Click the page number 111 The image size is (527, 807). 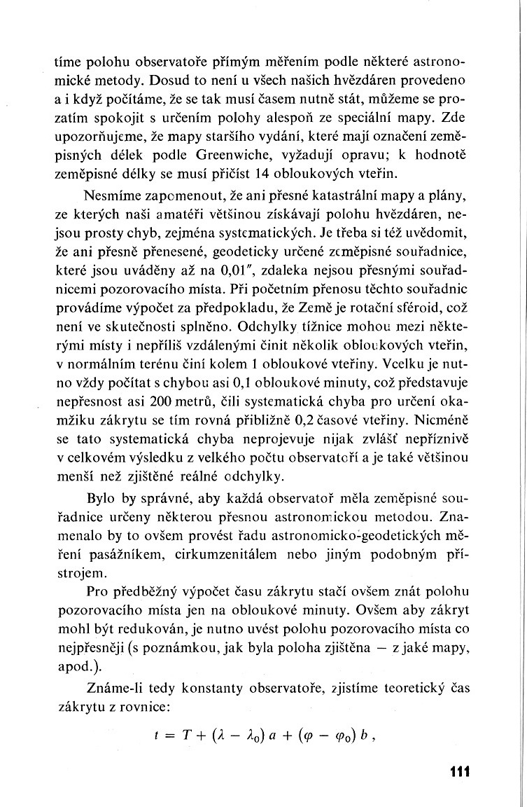[x=456, y=772]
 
